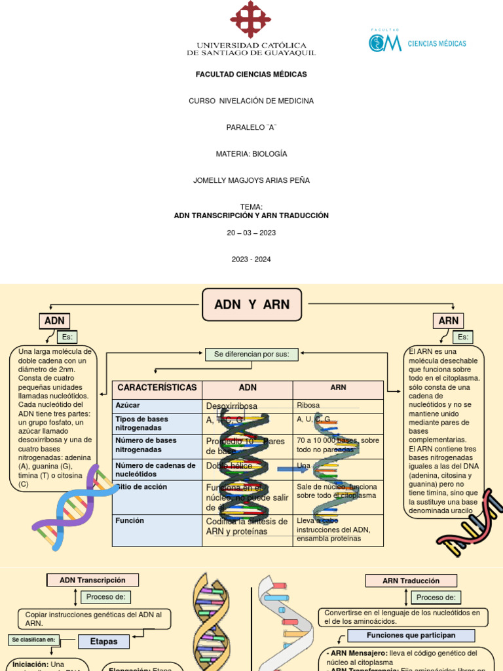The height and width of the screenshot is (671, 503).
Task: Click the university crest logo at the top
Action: tap(251, 20)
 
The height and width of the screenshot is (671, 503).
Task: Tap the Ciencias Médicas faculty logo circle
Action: tap(377, 43)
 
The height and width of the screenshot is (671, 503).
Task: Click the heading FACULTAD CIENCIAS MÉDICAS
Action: tap(251, 75)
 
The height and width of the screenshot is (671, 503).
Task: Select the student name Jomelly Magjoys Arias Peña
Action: tap(251, 180)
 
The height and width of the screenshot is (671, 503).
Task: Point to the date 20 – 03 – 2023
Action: tap(251, 233)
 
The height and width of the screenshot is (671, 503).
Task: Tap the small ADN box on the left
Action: tap(54, 321)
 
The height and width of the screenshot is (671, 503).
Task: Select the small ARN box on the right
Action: tap(448, 321)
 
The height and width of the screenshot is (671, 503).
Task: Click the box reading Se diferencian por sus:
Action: tap(251, 355)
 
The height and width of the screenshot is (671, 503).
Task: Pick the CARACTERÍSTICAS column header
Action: tap(157, 388)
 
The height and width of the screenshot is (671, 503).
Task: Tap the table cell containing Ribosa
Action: tap(338, 406)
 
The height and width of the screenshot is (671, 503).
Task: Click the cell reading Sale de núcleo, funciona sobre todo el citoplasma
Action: tap(338, 491)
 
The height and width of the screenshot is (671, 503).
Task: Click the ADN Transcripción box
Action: tap(92, 580)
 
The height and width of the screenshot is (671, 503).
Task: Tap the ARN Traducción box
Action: tap(411, 581)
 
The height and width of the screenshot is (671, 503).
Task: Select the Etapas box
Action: tap(103, 642)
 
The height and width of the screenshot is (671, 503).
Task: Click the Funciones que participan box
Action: tap(411, 636)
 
